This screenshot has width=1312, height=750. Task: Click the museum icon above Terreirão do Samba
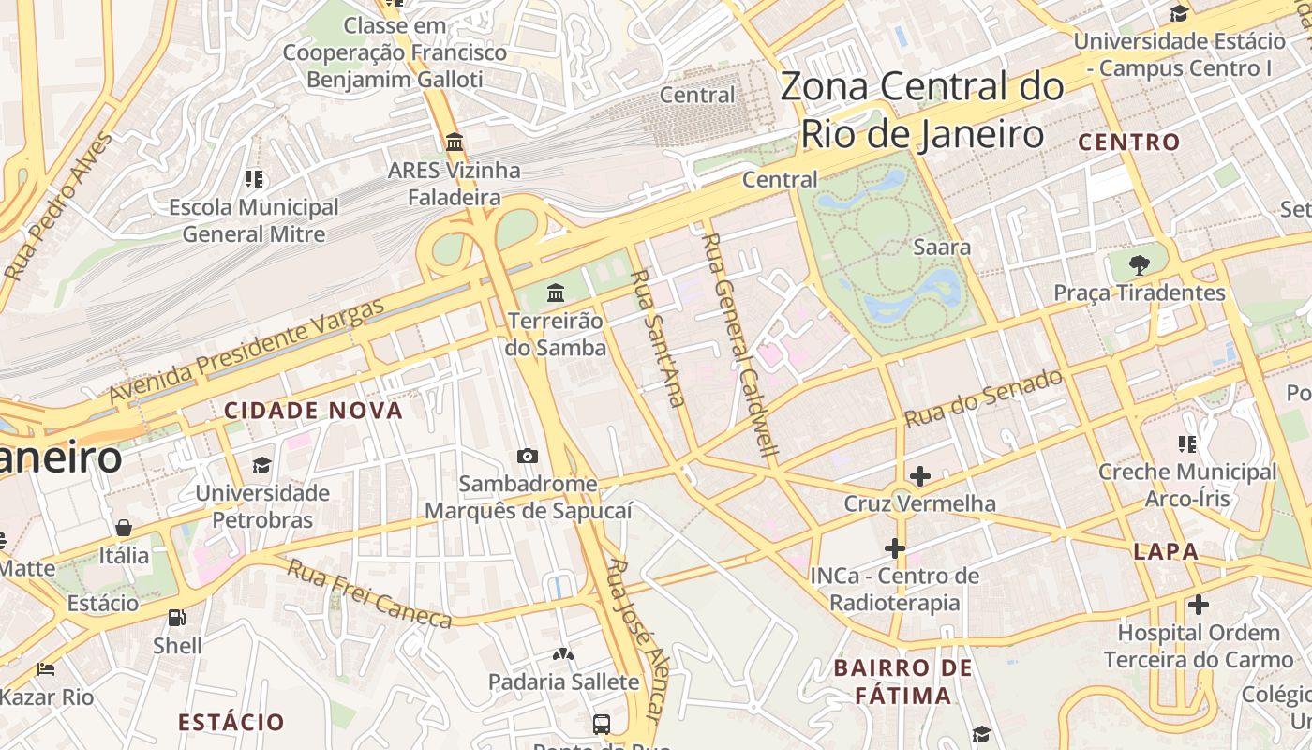556,293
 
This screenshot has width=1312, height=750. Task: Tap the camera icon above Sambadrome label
528,457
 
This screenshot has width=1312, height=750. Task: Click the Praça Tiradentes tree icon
1139,264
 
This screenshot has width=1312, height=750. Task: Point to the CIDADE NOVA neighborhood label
313,411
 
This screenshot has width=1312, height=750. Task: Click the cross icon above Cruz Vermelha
920,476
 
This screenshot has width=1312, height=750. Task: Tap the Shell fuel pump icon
176,618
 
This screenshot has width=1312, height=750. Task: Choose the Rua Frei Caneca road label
368,593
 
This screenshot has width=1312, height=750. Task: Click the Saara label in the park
941,247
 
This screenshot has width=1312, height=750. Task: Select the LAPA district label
1166,551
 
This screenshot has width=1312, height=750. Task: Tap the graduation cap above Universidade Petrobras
261,465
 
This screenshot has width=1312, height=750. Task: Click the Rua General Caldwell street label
740,345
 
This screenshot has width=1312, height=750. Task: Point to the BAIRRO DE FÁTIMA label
902,682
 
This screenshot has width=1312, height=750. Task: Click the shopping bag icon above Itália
124,528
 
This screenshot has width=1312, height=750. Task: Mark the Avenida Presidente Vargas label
246,352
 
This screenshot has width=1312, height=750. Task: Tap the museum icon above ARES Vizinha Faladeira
455,142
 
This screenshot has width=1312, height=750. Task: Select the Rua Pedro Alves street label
57,207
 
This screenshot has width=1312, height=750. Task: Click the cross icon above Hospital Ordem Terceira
1198,605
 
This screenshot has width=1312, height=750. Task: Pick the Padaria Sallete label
563,682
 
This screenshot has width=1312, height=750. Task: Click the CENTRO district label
1128,142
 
